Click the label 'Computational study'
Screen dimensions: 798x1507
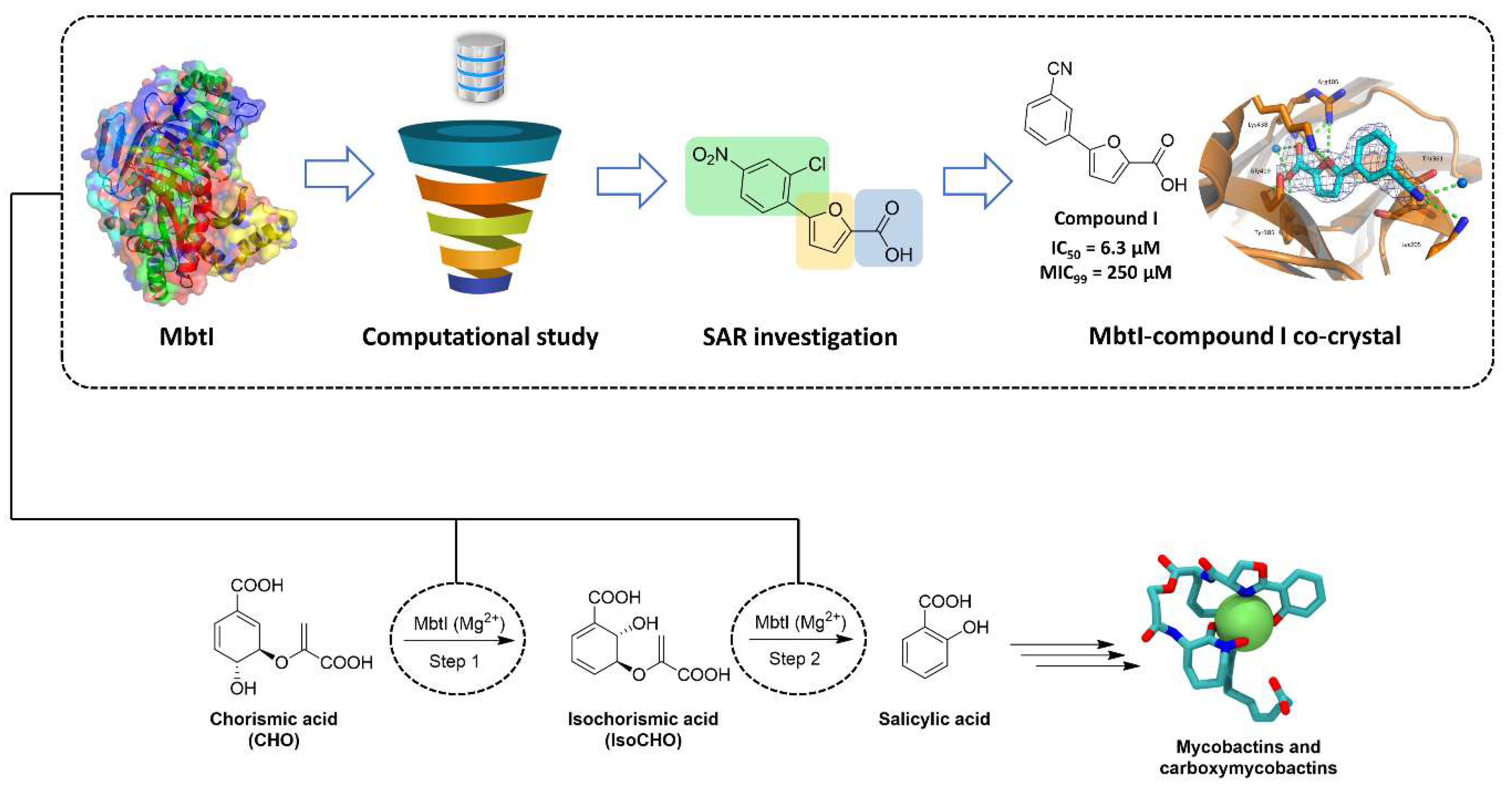click(x=480, y=337)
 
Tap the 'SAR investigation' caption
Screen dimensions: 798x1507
click(x=800, y=337)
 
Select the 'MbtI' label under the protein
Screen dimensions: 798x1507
click(x=186, y=337)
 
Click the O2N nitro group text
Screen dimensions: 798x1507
click(x=709, y=156)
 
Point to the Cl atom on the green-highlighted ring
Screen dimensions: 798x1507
click(x=817, y=165)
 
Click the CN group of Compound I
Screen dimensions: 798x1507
click(x=1059, y=69)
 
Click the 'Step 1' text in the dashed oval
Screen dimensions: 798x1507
click(x=454, y=661)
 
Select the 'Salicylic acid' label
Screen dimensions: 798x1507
click(x=934, y=719)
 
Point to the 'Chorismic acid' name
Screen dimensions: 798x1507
click(x=274, y=719)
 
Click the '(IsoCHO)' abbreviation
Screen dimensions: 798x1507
click(x=643, y=740)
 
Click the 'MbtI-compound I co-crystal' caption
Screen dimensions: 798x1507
click(x=1244, y=337)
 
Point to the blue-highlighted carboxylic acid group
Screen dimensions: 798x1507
click(x=889, y=228)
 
